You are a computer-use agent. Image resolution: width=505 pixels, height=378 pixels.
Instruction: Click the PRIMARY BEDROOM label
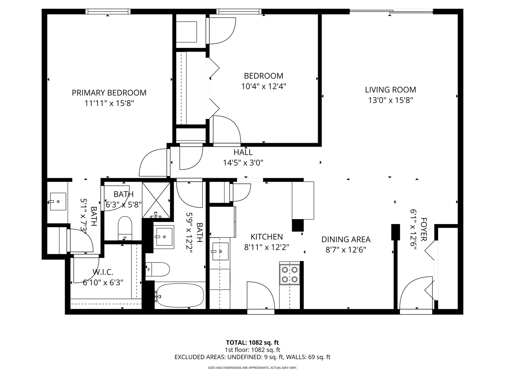[x=109, y=93]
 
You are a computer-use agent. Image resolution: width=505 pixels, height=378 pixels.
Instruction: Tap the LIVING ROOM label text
[x=390, y=90]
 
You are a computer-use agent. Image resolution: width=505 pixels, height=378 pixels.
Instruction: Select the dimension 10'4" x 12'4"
[x=264, y=86]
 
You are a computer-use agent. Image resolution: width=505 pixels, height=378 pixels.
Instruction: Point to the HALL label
[x=243, y=152]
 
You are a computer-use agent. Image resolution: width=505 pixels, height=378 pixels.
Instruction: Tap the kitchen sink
[x=220, y=251]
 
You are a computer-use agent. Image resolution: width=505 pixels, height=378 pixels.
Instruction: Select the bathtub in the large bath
[x=179, y=295]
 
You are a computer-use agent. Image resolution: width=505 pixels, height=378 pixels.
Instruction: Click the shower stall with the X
[x=156, y=200]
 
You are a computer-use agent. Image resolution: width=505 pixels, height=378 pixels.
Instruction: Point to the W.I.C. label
[x=103, y=272]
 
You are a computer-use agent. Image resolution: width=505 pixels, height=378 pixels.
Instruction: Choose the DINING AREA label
[x=346, y=239]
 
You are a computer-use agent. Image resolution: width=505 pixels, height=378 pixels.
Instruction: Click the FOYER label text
[x=424, y=229]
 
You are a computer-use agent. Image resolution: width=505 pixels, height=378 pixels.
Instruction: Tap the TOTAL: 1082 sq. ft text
[x=252, y=343]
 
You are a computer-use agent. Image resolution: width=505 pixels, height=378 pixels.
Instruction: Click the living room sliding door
[x=391, y=11]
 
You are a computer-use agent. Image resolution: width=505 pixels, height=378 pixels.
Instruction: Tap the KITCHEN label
[x=267, y=237]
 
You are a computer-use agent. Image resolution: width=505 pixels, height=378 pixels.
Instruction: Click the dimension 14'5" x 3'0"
[x=243, y=163]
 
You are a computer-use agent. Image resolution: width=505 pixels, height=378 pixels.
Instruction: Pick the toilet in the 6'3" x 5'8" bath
[x=125, y=227]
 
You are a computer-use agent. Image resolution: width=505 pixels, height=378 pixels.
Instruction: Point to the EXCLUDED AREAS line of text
[x=252, y=357]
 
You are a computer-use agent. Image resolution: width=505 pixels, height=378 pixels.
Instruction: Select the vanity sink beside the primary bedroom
[x=58, y=201]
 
